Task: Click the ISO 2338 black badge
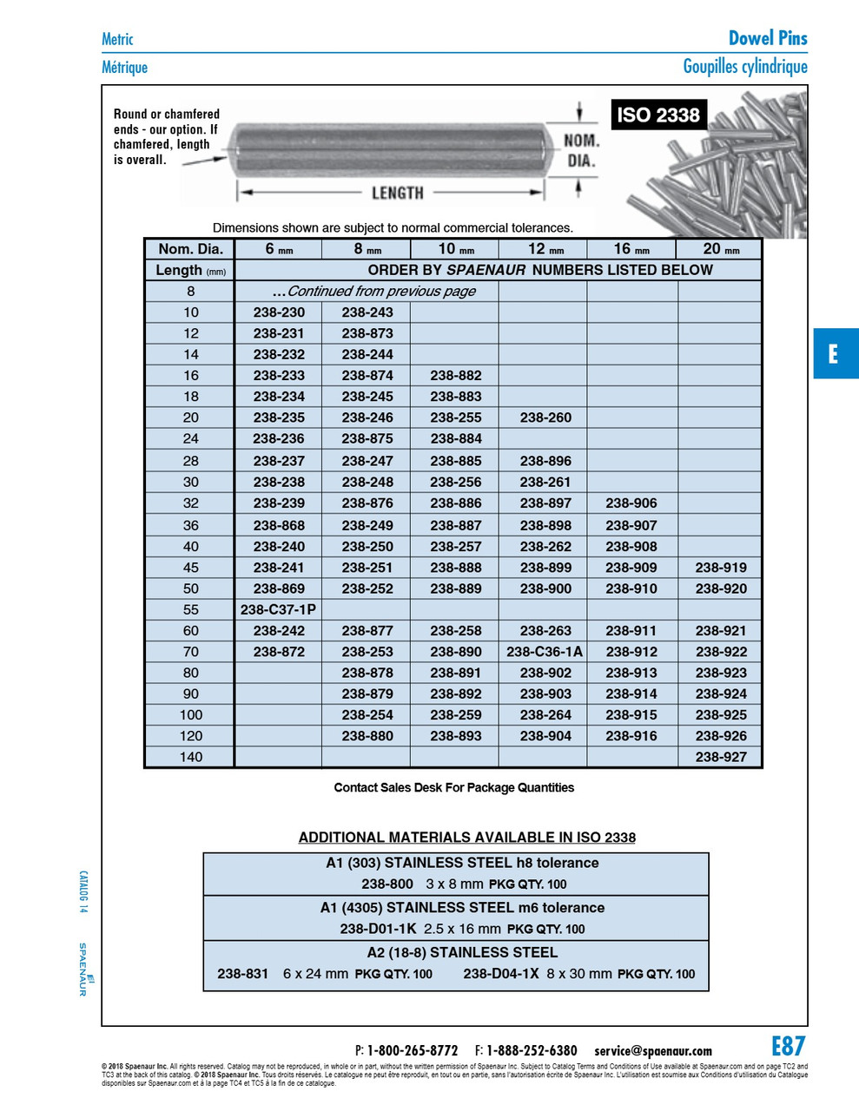point(657,115)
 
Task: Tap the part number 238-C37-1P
point(278,609)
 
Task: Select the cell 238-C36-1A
point(545,652)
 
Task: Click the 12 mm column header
point(545,249)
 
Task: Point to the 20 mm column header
point(721,249)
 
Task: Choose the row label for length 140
point(190,757)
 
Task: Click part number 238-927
point(721,757)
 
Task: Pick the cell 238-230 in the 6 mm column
point(279,312)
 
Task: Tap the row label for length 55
point(190,609)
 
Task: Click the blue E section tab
point(835,353)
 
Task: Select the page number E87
point(788,1046)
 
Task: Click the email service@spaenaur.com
point(653,1051)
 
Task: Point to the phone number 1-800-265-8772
point(413,1051)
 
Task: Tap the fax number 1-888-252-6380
point(532,1051)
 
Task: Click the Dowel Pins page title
point(768,38)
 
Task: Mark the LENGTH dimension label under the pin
point(398,193)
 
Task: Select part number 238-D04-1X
point(501,974)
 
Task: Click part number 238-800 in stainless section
point(387,884)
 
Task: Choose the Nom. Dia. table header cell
point(190,249)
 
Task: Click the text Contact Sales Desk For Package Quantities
point(454,788)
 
